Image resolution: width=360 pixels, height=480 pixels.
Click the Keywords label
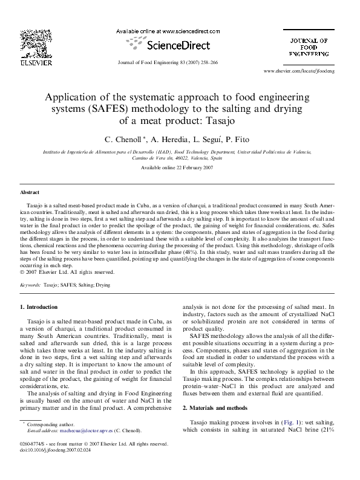coord(31,283)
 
